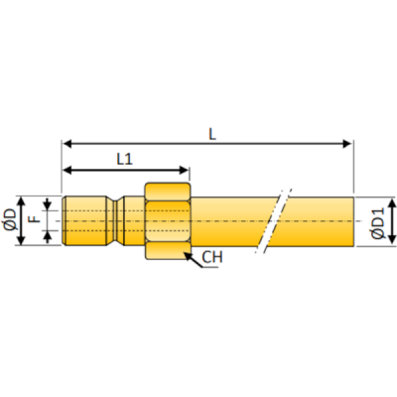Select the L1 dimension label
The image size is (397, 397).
coord(125,158)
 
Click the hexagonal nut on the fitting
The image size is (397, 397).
coord(166,221)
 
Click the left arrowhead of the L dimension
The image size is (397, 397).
coord(66,144)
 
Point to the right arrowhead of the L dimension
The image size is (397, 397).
coord(348,144)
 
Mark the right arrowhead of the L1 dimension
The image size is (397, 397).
coord(185,170)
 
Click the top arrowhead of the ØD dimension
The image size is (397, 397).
coord(21,198)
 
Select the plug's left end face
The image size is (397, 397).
coord(65,221)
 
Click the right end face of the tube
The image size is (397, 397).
coord(353,221)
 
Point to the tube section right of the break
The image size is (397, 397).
coord(318,221)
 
